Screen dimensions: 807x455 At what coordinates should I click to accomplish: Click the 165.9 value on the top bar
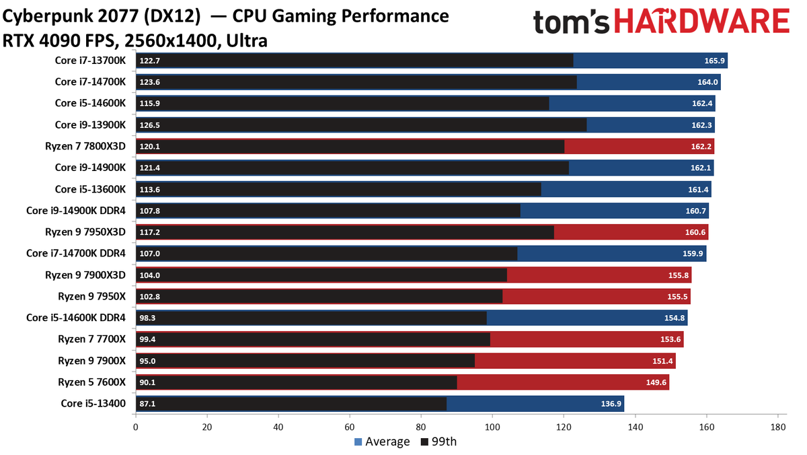(714, 61)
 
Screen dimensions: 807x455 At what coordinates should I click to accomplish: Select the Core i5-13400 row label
(93, 403)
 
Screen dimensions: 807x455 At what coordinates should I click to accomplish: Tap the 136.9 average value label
(611, 403)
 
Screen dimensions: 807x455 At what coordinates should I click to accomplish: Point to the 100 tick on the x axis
(492, 427)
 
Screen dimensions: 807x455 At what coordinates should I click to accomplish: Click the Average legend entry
(382, 442)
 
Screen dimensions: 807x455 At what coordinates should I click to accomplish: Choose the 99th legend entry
(438, 442)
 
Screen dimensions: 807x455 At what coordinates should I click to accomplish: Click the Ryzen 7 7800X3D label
(85, 146)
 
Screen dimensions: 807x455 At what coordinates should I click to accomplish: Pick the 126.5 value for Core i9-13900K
(149, 125)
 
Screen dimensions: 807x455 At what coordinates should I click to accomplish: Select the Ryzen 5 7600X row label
(92, 382)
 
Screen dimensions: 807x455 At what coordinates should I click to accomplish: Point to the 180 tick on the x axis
(778, 427)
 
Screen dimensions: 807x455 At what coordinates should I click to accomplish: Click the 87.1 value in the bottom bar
(147, 403)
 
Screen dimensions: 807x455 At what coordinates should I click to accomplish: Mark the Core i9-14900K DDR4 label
(76, 210)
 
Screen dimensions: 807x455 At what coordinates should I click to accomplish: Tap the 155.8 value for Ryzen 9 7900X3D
(679, 275)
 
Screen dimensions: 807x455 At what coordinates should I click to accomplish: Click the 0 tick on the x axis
(135, 427)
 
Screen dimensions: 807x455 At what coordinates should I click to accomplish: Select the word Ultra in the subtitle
(247, 41)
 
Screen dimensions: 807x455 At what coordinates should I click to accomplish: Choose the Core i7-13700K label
(90, 60)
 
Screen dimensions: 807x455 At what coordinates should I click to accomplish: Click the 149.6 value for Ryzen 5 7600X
(656, 382)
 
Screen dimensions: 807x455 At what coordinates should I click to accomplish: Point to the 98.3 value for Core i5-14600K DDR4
(147, 318)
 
